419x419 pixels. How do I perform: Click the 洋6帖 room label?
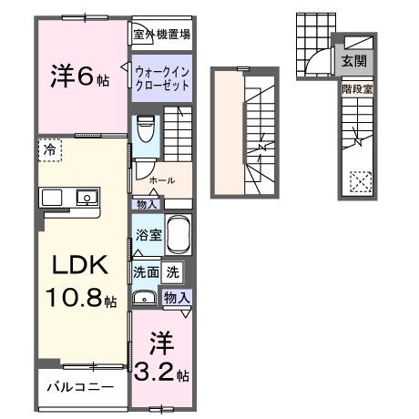tap(78, 77)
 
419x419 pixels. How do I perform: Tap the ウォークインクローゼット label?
tap(161, 77)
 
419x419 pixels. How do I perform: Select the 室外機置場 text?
tap(161, 35)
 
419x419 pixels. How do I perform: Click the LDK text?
tap(80, 265)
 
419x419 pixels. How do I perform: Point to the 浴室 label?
tap(148, 235)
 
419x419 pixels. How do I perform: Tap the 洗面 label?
tap(146, 271)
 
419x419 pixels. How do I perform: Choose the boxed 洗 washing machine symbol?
tap(172, 271)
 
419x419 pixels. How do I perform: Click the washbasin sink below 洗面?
tap(144, 298)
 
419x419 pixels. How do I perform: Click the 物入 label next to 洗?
tap(177, 297)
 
